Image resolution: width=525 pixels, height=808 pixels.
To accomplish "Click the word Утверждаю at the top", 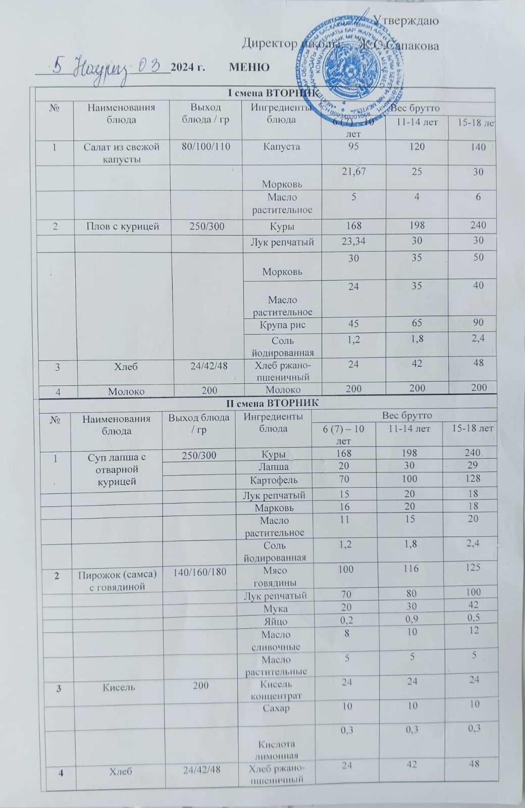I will (x=405, y=21).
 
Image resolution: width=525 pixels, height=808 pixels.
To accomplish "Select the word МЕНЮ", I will (x=249, y=67).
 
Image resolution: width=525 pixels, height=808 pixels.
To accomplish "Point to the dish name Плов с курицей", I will (x=121, y=226).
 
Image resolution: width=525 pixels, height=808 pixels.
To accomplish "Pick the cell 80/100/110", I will (x=205, y=147).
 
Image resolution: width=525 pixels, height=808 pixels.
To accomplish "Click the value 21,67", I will (x=353, y=172).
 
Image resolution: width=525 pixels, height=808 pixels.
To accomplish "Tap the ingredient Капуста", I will (x=282, y=147).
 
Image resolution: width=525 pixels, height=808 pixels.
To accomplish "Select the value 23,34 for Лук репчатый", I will (x=353, y=241).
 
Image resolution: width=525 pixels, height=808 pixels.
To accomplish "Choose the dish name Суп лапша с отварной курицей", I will (x=116, y=469).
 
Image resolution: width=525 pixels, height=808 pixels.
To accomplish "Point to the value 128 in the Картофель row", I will (x=473, y=478).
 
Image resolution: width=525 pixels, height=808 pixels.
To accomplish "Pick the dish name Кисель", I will (x=119, y=687).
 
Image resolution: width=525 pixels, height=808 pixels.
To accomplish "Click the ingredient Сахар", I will (x=276, y=708).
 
